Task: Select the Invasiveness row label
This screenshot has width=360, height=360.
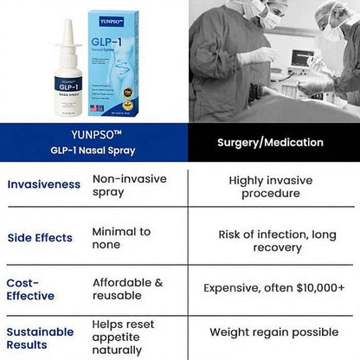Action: tap(40, 184)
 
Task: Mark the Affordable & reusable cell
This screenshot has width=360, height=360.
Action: tap(127, 290)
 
